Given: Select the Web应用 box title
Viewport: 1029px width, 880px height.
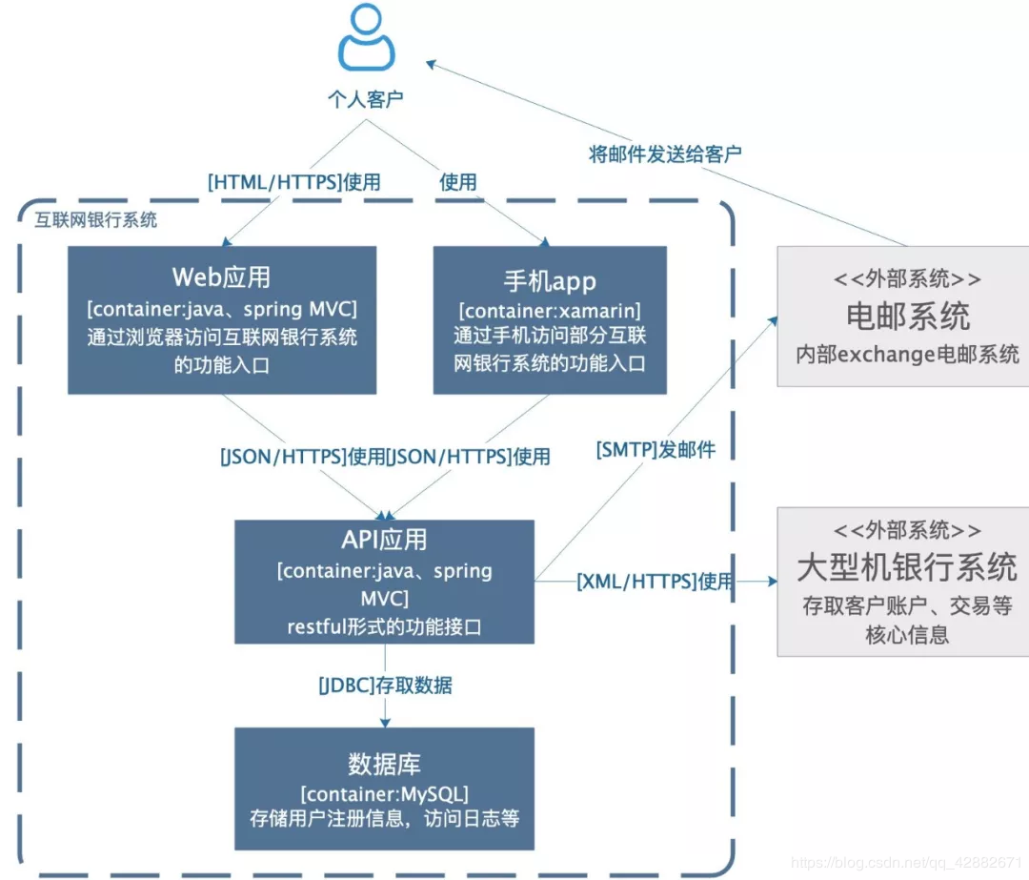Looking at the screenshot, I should [x=221, y=276].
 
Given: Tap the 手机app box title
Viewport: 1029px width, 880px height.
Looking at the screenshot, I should [x=550, y=280].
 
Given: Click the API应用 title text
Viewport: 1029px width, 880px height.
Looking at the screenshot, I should [x=384, y=540].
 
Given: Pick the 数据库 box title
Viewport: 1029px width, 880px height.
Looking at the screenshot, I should [x=384, y=764].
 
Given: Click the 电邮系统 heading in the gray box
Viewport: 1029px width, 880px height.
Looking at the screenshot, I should [x=907, y=316].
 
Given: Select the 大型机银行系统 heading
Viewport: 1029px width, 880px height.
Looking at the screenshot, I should [x=907, y=567].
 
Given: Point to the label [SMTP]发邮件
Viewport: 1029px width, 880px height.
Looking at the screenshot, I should [x=656, y=449].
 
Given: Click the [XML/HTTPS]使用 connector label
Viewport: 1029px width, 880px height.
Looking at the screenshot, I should [x=655, y=581].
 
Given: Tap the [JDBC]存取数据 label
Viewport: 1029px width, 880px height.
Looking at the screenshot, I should [x=385, y=685].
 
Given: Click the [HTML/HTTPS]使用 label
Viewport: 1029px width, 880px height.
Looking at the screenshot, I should [x=293, y=181].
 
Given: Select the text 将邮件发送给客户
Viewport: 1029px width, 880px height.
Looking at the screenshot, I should [x=665, y=153].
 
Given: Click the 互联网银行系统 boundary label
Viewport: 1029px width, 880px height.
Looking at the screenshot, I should [x=96, y=220].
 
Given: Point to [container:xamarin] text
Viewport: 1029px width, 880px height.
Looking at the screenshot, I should [x=550, y=312].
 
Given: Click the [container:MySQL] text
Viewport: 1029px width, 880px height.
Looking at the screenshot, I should [x=384, y=793].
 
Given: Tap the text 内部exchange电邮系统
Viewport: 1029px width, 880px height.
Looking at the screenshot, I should [x=907, y=355].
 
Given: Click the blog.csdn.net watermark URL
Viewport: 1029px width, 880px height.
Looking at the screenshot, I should [x=905, y=863].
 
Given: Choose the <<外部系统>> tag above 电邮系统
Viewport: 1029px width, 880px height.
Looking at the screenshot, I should [x=907, y=278].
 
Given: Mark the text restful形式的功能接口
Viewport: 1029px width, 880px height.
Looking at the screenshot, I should [x=384, y=626].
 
